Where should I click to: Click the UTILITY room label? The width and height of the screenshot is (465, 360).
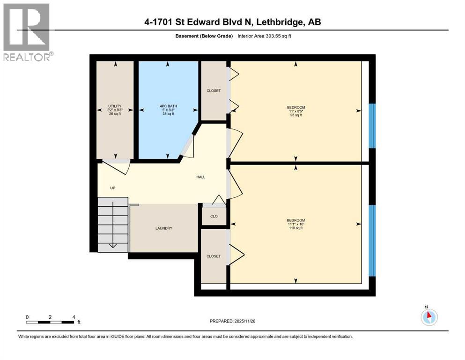point(115,106)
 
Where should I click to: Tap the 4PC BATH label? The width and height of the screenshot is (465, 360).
point(168,106)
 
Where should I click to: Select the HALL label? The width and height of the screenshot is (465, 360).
point(201,177)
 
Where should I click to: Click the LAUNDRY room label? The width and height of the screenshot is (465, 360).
point(164,228)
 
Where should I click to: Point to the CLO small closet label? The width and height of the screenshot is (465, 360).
point(214,217)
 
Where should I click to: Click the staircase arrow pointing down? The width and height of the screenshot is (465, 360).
point(113,244)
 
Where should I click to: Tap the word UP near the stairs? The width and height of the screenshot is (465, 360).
point(112,188)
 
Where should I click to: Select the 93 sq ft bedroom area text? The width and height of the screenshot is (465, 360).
point(296,115)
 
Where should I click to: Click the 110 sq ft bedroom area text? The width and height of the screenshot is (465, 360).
point(296,228)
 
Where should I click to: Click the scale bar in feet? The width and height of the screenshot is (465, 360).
point(50,322)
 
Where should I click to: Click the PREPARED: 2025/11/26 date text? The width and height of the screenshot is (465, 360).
point(233,321)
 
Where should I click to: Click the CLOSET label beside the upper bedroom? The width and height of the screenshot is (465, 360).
point(214,90)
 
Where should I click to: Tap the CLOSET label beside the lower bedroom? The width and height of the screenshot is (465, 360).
point(214,256)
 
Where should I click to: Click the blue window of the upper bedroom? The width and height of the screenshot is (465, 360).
point(372,126)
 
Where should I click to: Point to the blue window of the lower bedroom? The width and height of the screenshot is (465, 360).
point(372,240)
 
